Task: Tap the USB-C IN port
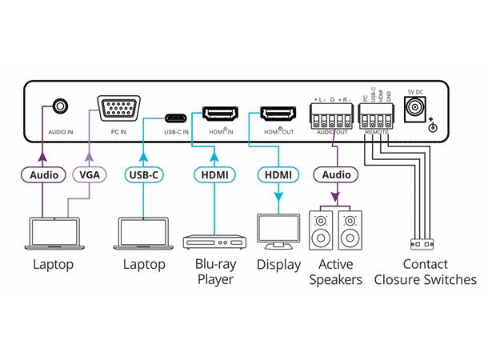[175, 112]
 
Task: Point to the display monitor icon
[278, 230]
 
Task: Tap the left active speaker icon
[322, 230]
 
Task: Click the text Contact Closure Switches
[425, 272]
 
